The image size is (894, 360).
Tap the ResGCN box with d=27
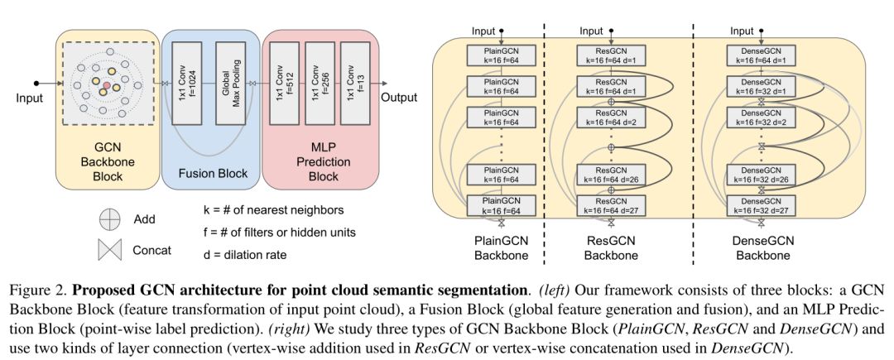(x=611, y=205)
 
